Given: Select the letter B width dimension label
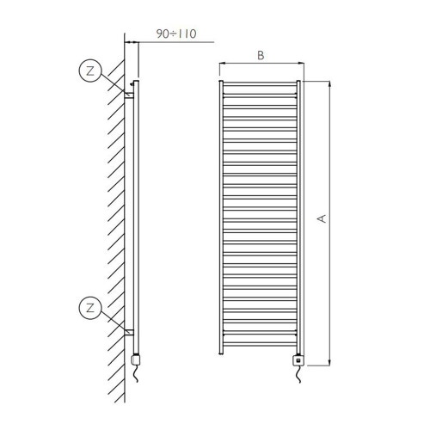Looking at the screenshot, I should pyautogui.click(x=261, y=55).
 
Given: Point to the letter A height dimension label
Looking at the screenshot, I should pyautogui.click(x=321, y=220).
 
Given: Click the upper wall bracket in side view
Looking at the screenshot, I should pyautogui.click(x=130, y=94).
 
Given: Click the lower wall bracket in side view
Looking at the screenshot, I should pyautogui.click(x=130, y=331).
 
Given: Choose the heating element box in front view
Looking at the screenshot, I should pyautogui.click(x=298, y=360).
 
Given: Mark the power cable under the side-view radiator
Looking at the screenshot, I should pyautogui.click(x=135, y=378).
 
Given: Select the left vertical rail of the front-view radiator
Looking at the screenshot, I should pyautogui.click(x=222, y=215).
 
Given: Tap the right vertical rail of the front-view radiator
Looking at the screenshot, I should pyautogui.click(x=298, y=215).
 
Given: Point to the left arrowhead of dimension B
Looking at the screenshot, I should pyautogui.click(x=222, y=63).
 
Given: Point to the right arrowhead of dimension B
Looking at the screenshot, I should pyautogui.click(x=303, y=63).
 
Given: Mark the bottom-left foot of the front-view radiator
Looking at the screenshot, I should pyautogui.click(x=222, y=353).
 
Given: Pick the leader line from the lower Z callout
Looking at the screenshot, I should pyautogui.click(x=113, y=319).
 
